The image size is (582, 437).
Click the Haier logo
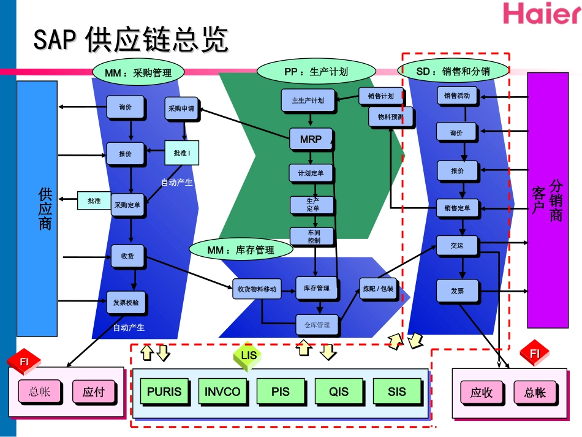tap(542, 13)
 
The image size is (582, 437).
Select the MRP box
tap(311, 139)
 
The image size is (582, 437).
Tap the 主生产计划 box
tap(308, 101)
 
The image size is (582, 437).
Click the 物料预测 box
tap(390, 116)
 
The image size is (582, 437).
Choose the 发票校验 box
tap(126, 302)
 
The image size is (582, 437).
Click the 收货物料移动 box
tap(257, 289)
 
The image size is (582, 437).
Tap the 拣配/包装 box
tap(378, 289)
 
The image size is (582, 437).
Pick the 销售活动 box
tap(457, 96)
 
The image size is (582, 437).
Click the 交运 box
tap(457, 246)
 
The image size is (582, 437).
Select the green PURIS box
tap(164, 392)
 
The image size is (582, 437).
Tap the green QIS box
tap(339, 392)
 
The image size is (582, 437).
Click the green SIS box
tap(397, 392)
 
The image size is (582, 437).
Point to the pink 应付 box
tap(94, 392)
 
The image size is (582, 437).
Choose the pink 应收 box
tap(481, 393)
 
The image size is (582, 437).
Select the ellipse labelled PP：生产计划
tap(316, 72)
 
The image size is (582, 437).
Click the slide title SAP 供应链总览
tap(130, 40)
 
